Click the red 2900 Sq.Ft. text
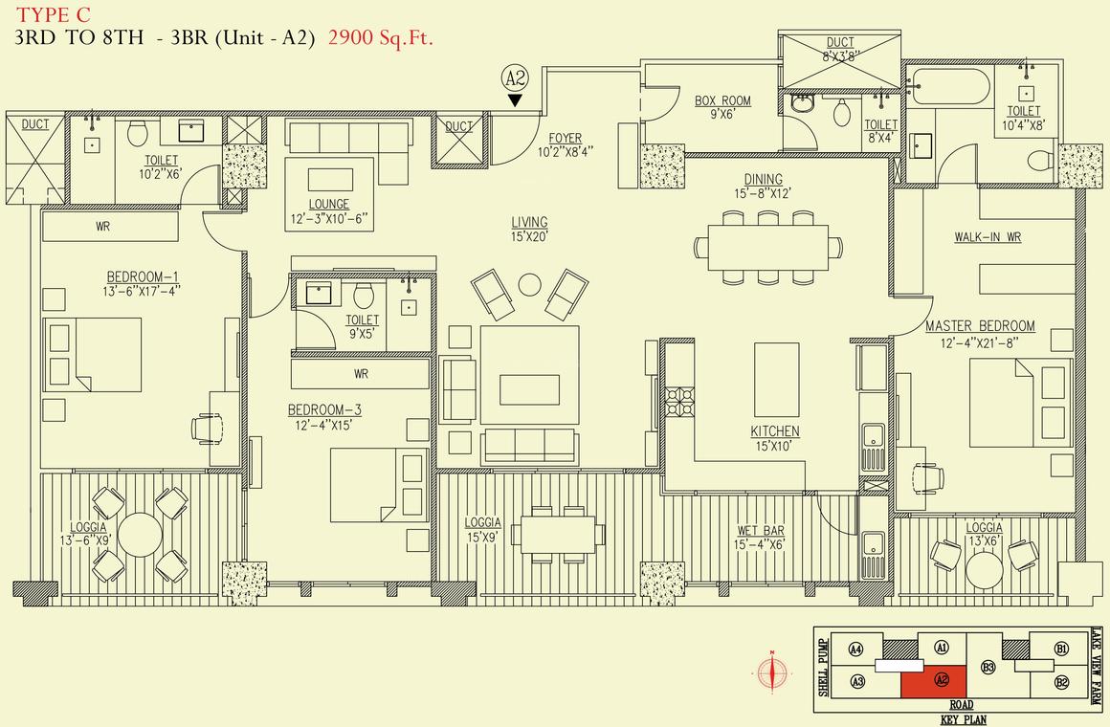coord(380,37)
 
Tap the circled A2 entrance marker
coord(515,77)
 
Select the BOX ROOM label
coord(722,101)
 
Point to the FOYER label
coord(565,138)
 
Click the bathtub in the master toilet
coord(951,86)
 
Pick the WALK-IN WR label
coord(988,237)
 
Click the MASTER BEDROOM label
coord(980,326)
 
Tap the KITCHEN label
coord(775,431)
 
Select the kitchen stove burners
coord(678,402)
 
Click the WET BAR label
coord(761,531)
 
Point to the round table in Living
coord(529,284)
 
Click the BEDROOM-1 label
coord(143,276)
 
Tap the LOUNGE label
coord(328,205)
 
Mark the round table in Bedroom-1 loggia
coord(140,535)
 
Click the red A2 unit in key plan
coord(934,680)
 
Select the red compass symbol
coord(772,672)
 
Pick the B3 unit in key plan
coord(988,667)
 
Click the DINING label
coord(764,180)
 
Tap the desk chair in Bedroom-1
coord(207,429)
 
